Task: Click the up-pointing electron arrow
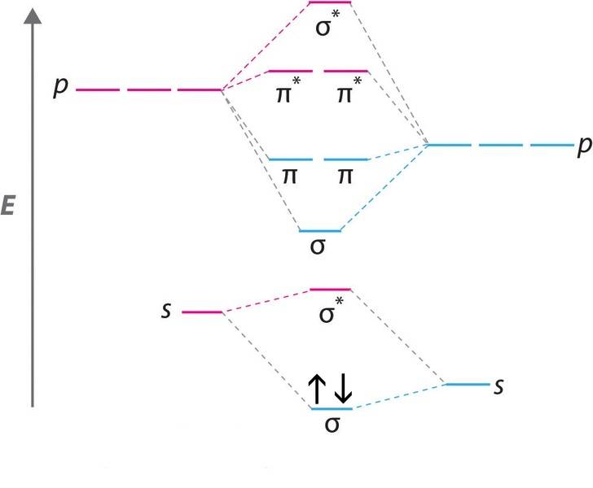(317, 388)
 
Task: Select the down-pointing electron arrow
(343, 388)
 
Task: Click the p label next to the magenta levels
(59, 88)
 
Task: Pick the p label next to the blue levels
(583, 146)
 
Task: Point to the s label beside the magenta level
(166, 311)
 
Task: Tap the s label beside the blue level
(499, 384)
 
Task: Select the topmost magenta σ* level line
(330, 2)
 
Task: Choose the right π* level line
(346, 71)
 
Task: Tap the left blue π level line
(289, 159)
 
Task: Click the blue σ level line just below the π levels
(320, 231)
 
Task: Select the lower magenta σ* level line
(331, 289)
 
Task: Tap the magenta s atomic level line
(201, 312)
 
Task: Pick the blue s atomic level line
(466, 384)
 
